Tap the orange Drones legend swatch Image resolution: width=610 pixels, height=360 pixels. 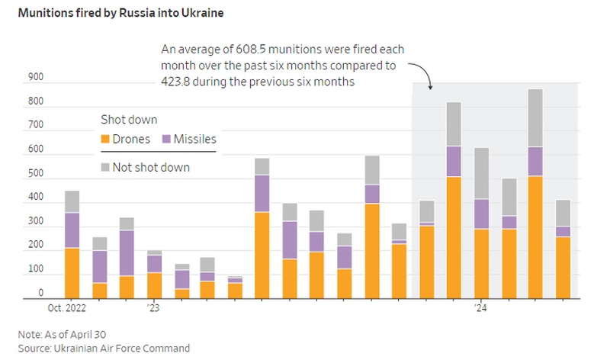(105, 140)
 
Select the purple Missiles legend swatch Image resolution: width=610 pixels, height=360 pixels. (166, 140)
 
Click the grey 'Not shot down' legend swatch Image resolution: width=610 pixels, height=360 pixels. (105, 167)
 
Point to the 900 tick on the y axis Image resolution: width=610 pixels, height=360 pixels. (36, 77)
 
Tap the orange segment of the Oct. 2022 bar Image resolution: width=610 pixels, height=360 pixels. (72, 273)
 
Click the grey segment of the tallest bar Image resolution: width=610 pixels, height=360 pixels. (535, 118)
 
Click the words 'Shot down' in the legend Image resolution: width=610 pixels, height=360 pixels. (129, 120)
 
